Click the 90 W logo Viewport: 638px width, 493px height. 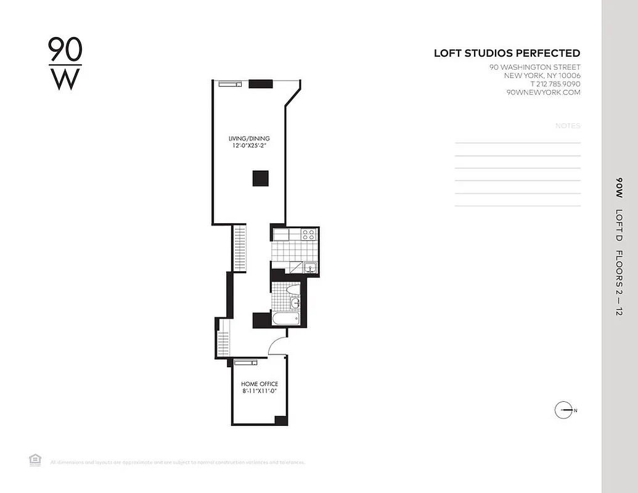(65, 64)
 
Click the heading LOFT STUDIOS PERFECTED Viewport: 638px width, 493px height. (507, 54)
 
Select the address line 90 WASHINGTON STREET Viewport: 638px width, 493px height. (534, 67)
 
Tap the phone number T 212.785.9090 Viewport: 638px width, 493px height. (555, 84)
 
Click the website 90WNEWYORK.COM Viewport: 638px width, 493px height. (543, 92)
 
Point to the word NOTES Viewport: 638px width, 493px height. (568, 126)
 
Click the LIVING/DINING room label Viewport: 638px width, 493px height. (248, 139)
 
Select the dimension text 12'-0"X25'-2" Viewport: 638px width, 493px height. (248, 147)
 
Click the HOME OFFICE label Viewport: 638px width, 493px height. (259, 384)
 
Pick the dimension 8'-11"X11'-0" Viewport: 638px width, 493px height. (259, 392)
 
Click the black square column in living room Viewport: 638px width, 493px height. (260, 178)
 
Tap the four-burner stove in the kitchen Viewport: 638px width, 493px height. (308, 234)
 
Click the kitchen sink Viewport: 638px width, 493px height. (311, 267)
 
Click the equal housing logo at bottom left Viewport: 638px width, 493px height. (35, 459)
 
